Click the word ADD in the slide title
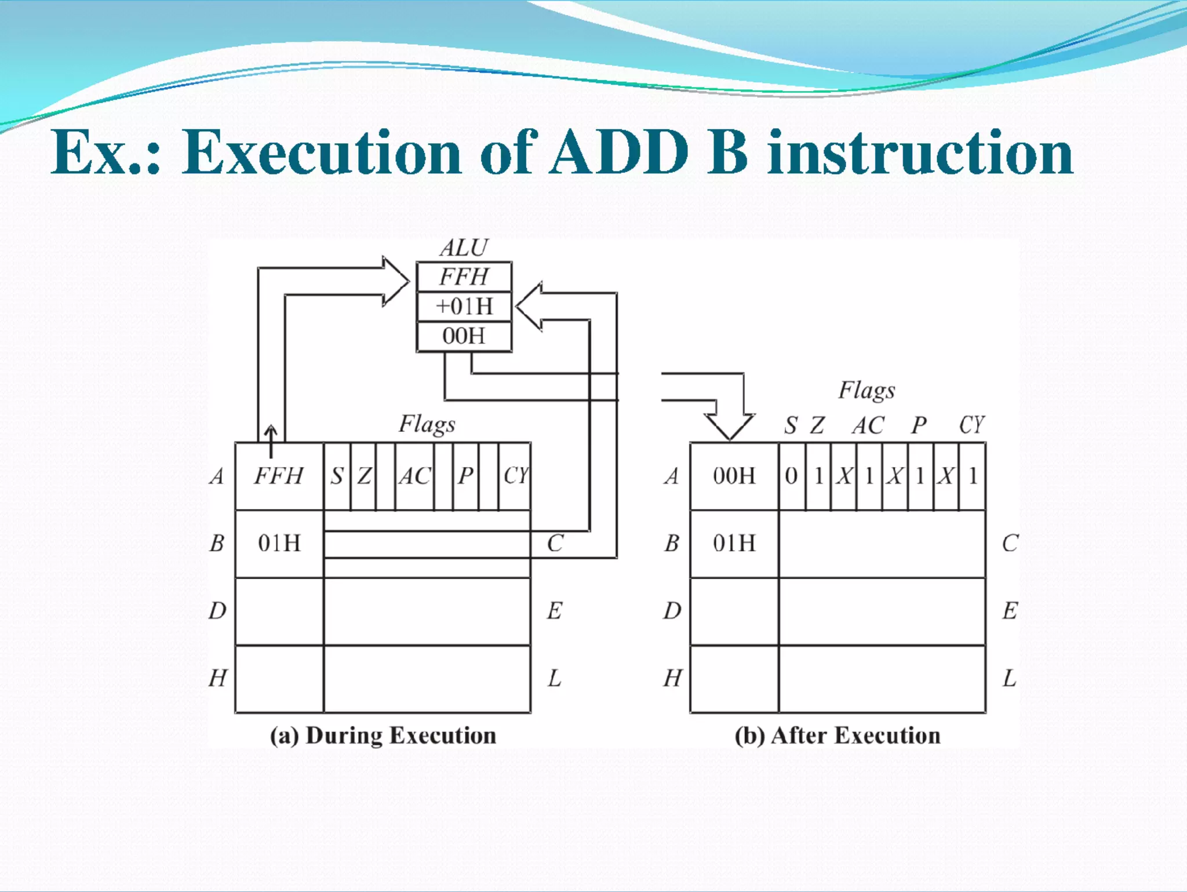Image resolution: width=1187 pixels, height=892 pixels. point(620,152)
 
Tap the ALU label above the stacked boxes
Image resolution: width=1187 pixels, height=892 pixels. point(464,248)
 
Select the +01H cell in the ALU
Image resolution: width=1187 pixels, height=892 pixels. point(464,307)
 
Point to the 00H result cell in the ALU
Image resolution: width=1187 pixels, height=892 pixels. point(464,336)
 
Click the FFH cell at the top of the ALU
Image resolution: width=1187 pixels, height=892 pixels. point(464,277)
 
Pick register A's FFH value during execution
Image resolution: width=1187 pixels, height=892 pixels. point(279,476)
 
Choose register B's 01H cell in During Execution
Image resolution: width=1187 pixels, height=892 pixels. point(279,544)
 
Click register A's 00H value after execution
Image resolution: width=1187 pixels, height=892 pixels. point(734,476)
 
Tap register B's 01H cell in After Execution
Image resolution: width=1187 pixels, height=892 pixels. point(734,544)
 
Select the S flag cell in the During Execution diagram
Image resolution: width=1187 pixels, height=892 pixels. point(337,476)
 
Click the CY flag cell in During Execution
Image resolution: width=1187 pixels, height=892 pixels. point(515,476)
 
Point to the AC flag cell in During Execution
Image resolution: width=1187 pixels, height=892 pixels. point(414,476)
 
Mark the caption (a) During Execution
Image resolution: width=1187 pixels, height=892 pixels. point(383,736)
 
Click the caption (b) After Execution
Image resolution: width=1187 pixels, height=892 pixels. point(838,736)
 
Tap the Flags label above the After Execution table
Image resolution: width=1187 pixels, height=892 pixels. point(866,391)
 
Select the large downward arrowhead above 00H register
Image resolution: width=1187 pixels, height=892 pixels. point(730,426)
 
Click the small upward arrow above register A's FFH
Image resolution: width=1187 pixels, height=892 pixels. point(271,440)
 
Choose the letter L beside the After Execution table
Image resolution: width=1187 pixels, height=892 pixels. point(1010,678)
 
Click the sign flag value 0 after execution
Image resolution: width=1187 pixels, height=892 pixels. point(791,476)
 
